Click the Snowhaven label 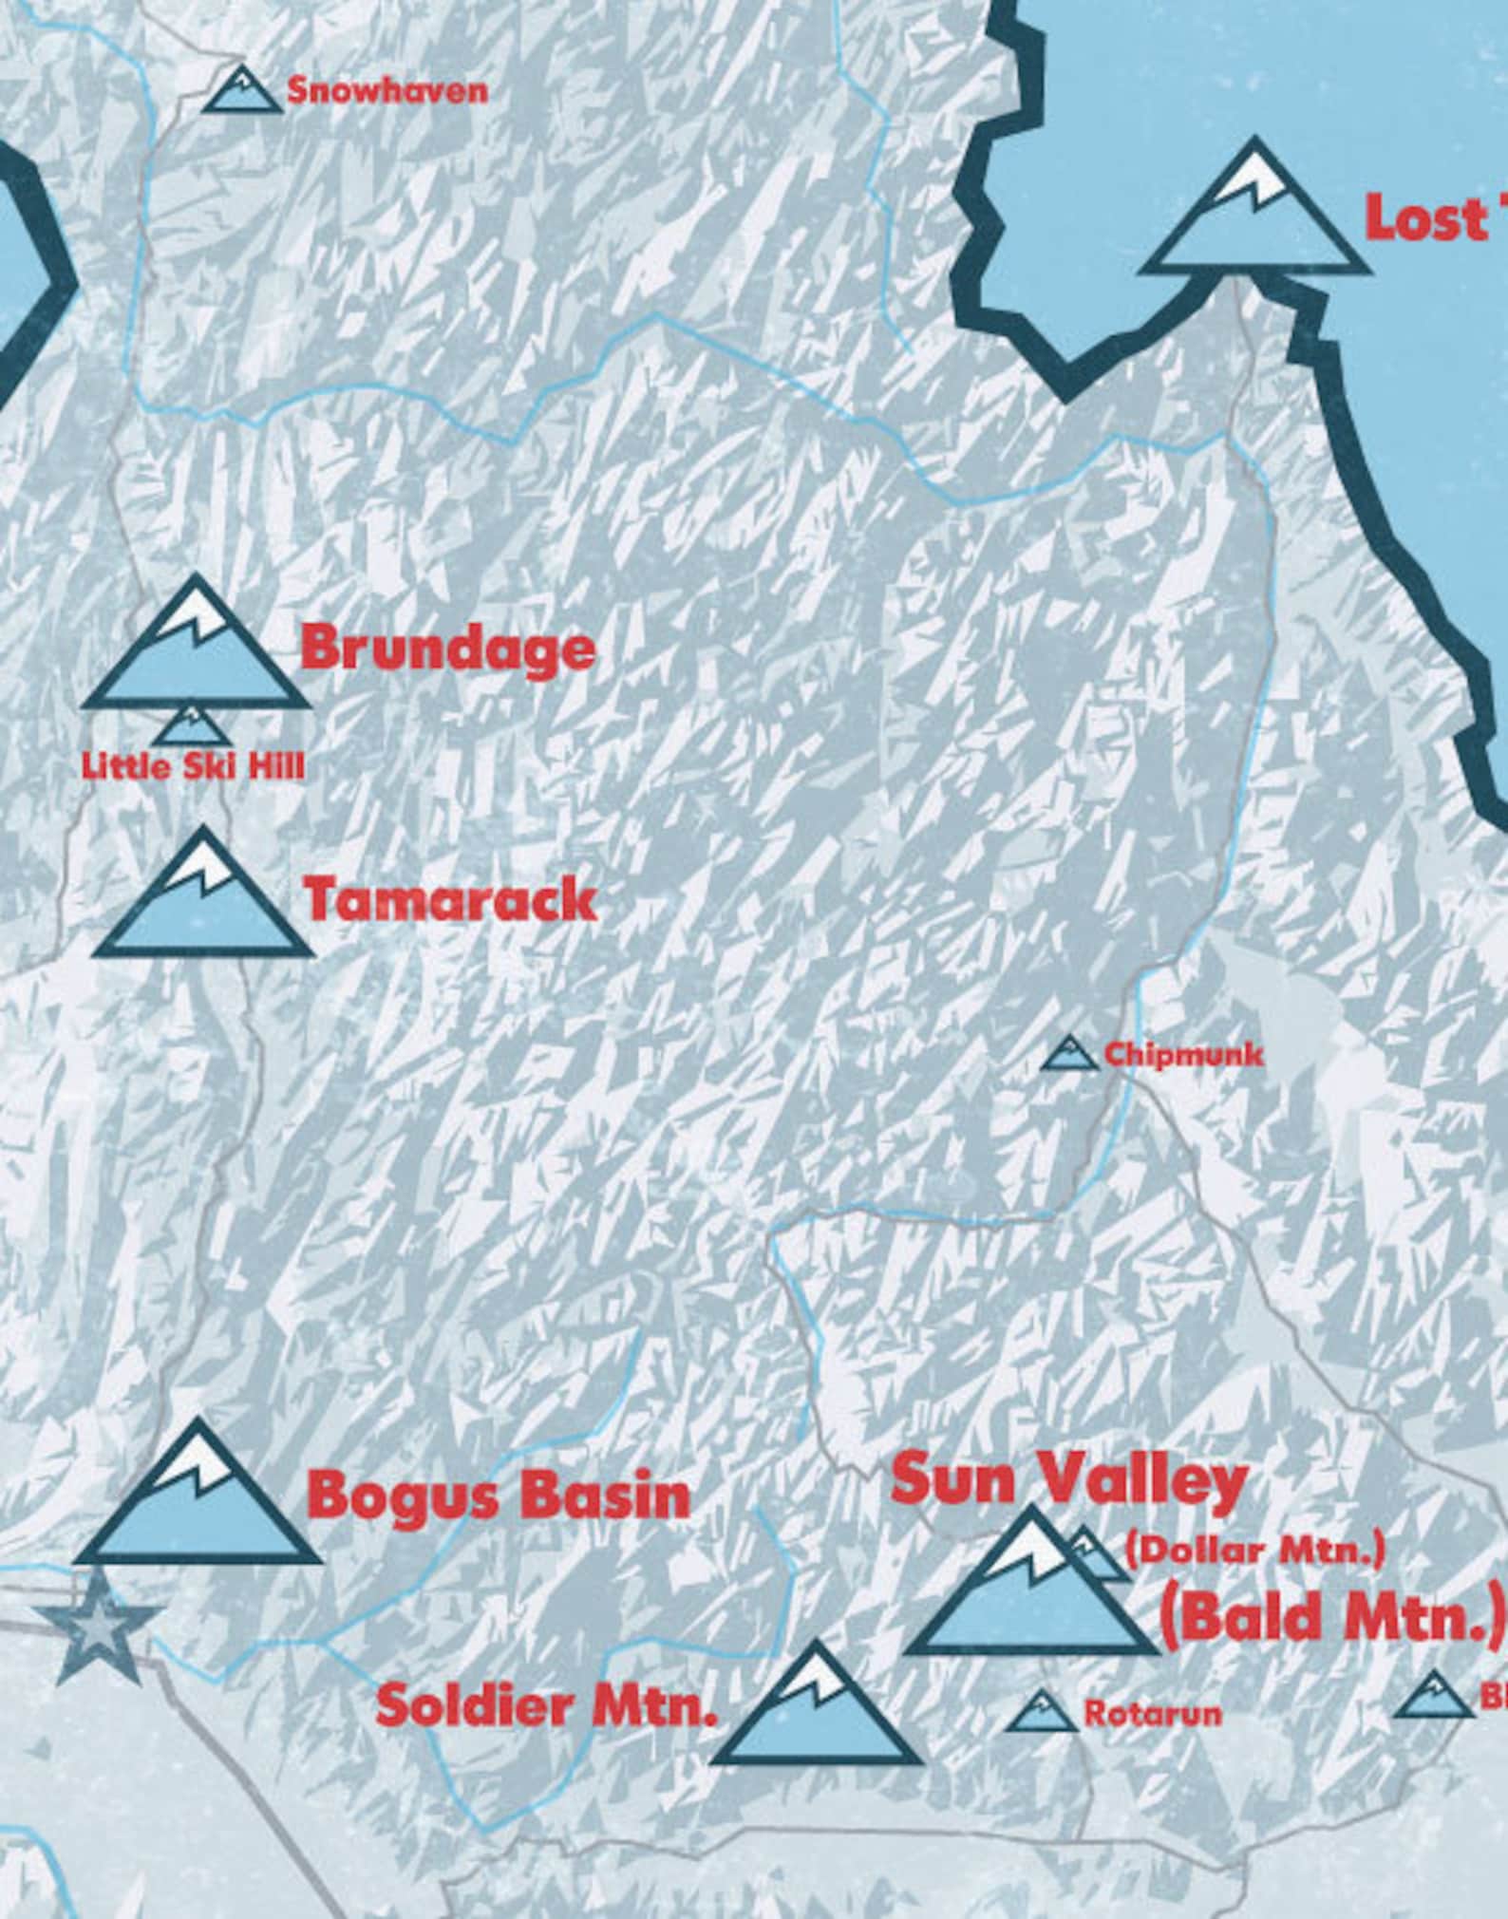pos(387,91)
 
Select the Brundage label pos(447,649)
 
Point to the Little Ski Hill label pos(194,767)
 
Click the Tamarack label pos(450,900)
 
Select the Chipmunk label pos(1182,1055)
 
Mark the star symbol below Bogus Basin pos(95,1627)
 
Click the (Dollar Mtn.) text pos(1254,1551)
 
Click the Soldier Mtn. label pos(546,1706)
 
